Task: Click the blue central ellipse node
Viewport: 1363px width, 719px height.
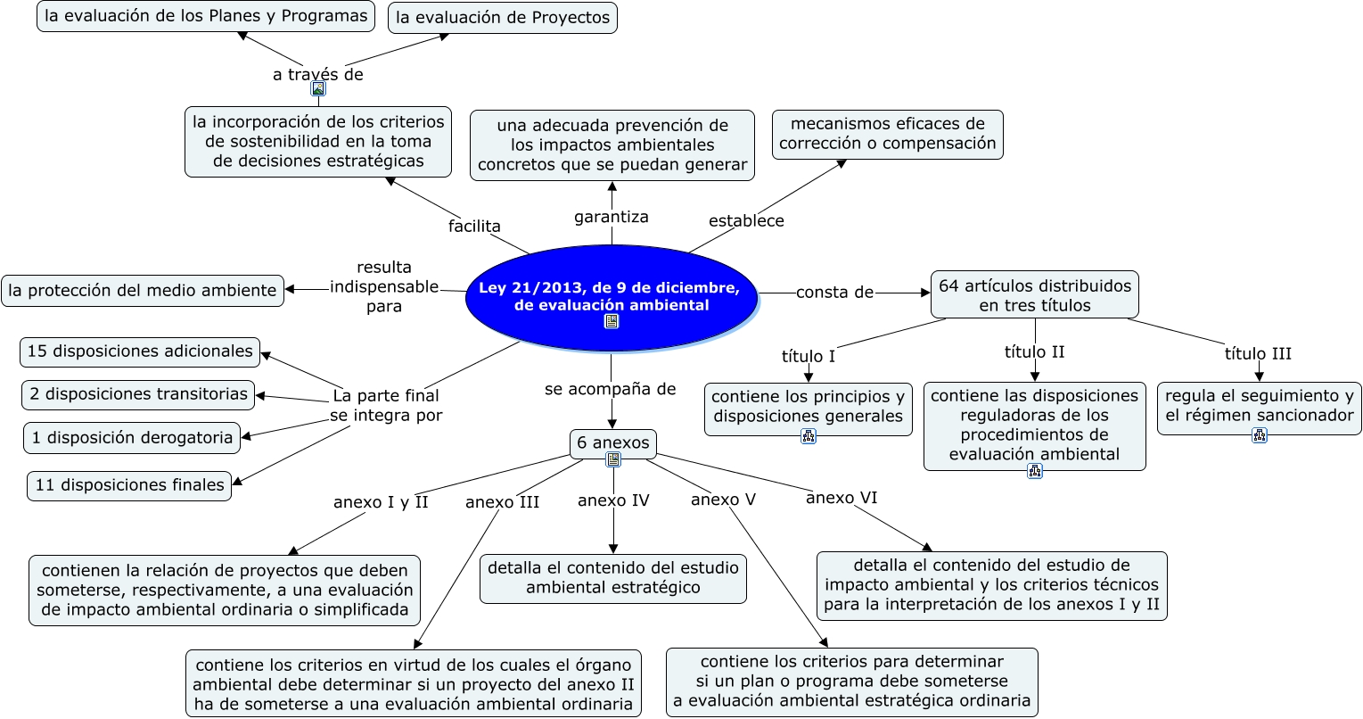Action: pos(612,298)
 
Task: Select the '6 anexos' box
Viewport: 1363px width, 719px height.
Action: pos(612,443)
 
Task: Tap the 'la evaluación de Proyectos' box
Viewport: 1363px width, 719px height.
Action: pos(503,18)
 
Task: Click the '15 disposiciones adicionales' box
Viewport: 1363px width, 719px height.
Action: pos(140,351)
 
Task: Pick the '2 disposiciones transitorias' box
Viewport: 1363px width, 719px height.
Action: pos(138,394)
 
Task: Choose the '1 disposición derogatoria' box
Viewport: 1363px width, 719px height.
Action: pos(132,438)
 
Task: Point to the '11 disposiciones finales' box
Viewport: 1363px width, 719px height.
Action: pos(129,485)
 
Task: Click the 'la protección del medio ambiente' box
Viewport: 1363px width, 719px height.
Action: pos(143,291)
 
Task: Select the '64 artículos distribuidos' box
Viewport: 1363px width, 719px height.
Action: pos(1034,294)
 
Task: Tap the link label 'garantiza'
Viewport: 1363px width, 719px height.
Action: pos(612,217)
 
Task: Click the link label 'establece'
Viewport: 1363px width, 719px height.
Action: pos(746,220)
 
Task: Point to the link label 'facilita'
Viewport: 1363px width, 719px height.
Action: pos(474,226)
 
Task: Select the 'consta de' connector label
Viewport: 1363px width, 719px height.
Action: pos(835,293)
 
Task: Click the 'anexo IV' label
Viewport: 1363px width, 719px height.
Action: pos(613,500)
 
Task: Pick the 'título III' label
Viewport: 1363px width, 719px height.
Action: pos(1258,354)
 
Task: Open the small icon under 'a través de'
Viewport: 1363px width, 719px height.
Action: pos(318,89)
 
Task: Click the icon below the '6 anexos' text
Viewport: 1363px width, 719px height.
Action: pos(613,459)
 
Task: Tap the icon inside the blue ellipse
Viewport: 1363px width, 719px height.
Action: pos(612,321)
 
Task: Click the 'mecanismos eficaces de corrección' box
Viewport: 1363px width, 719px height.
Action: pos(888,135)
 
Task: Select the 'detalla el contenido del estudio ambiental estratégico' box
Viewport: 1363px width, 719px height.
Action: pos(612,578)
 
